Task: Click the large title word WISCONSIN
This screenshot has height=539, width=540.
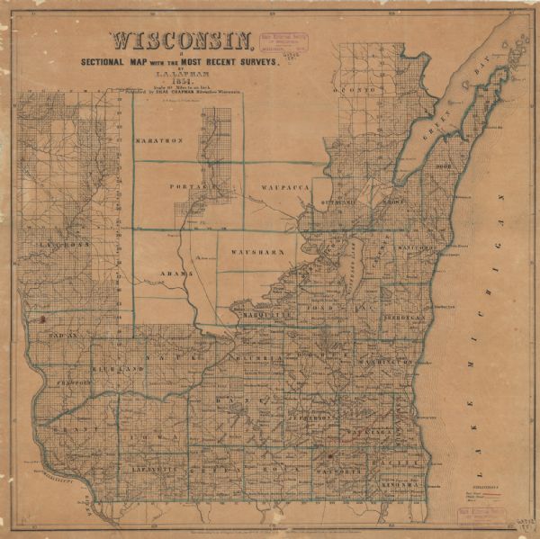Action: tap(180, 42)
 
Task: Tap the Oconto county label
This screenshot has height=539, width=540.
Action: tap(358, 92)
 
